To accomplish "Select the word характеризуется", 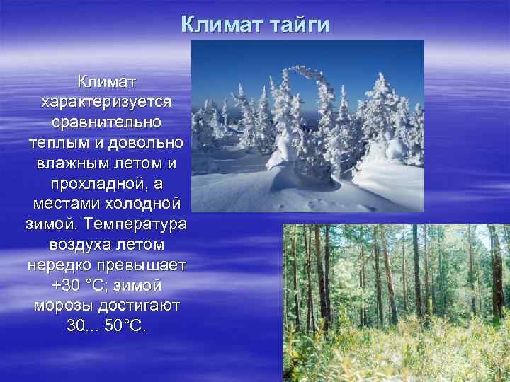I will pyautogui.click(x=106, y=103).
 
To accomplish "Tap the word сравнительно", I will pyautogui.click(x=106, y=122).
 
